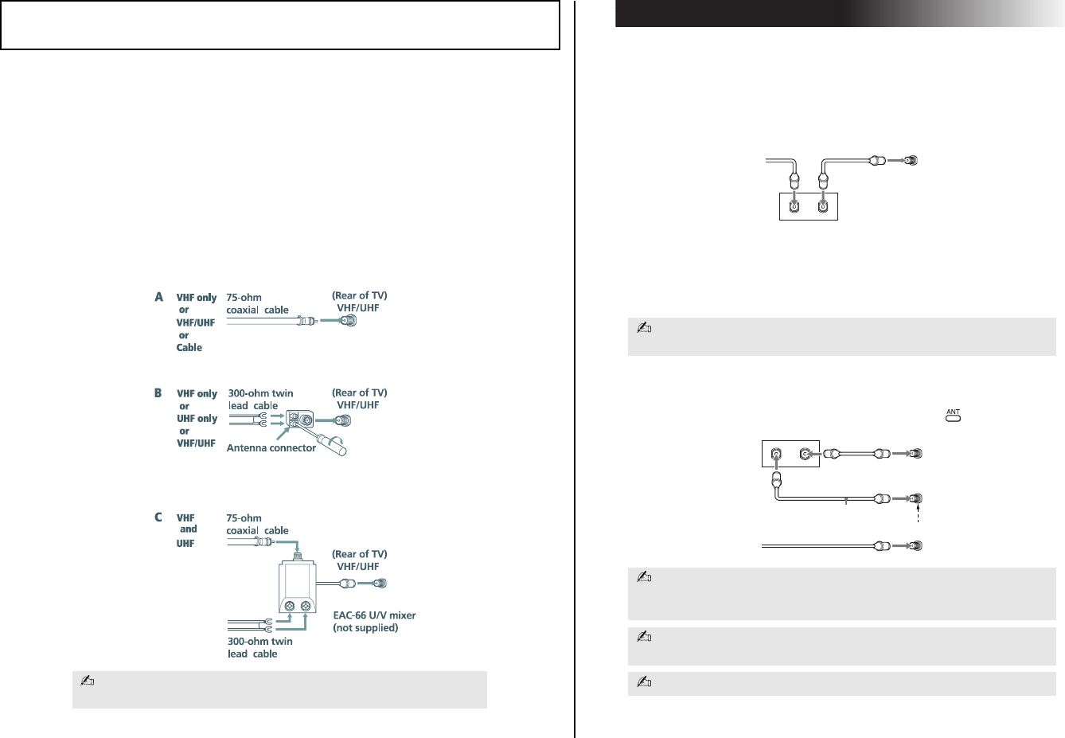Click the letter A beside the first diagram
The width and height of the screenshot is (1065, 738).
(159, 297)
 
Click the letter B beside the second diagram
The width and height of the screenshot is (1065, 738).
(158, 393)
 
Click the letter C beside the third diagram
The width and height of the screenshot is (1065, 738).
(158, 517)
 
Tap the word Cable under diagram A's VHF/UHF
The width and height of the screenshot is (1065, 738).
(189, 348)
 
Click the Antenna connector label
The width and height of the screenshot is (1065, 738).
(271, 448)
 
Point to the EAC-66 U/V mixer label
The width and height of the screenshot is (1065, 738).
(374, 615)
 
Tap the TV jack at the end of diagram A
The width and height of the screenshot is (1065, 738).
(347, 321)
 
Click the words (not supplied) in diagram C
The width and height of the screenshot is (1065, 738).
(365, 628)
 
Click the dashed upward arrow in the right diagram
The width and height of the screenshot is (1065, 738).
(918, 513)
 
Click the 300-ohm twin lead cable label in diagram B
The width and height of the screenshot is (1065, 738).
(260, 399)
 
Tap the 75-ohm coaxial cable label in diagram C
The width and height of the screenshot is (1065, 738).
(256, 524)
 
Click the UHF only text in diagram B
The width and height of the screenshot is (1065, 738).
(197, 419)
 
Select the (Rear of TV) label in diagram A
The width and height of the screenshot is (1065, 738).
(359, 295)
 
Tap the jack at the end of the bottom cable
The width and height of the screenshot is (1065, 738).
(915, 546)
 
